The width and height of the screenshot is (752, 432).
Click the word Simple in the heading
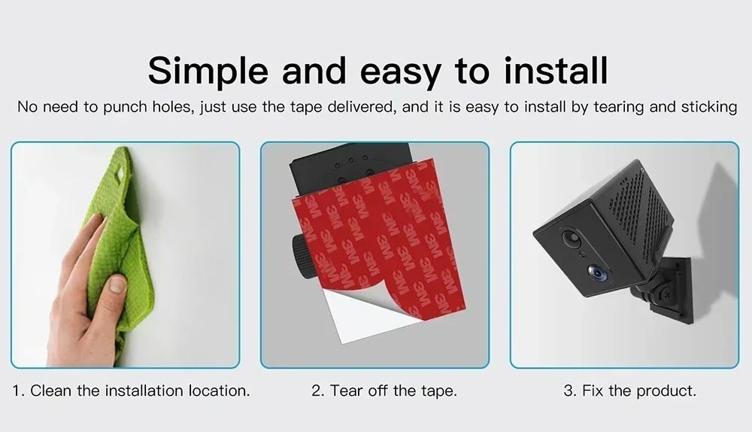[208, 71]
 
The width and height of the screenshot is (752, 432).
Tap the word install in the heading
[556, 70]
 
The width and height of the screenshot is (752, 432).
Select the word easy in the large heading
[399, 74]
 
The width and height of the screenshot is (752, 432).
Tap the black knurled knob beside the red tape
[300, 257]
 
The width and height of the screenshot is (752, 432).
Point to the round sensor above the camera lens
[571, 238]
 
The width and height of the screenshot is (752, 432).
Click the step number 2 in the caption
[317, 391]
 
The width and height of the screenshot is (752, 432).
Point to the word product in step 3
[666, 391]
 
